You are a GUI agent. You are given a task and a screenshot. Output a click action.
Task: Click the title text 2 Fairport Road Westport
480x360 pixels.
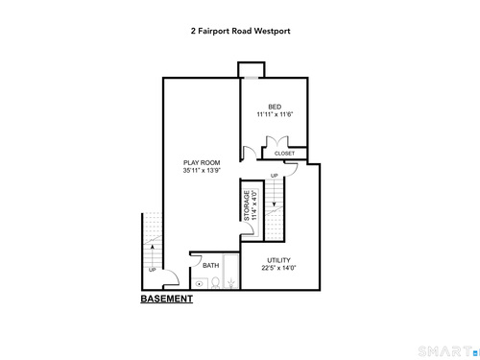tap(241, 31)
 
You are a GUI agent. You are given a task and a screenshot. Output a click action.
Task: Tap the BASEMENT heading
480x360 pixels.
tap(167, 299)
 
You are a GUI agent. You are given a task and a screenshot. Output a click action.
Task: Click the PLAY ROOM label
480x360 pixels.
tap(202, 162)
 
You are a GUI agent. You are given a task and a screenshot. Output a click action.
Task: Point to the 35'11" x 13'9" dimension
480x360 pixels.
tap(202, 170)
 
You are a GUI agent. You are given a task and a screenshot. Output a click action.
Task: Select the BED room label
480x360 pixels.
tap(275, 107)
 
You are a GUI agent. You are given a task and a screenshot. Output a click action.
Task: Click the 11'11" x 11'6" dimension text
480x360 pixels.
tap(275, 114)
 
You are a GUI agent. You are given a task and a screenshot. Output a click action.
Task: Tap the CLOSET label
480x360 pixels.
tap(284, 154)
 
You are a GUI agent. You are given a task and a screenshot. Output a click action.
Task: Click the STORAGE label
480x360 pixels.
tap(247, 205)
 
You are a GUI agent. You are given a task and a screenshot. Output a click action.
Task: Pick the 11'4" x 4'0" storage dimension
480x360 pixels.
tap(254, 205)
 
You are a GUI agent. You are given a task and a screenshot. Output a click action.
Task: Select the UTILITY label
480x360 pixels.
tap(278, 260)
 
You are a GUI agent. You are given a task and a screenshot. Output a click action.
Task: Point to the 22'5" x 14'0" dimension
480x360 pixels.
tap(278, 268)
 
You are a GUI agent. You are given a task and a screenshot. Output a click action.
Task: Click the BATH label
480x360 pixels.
tap(211, 266)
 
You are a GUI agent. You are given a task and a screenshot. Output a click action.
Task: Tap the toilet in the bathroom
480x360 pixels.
tap(215, 283)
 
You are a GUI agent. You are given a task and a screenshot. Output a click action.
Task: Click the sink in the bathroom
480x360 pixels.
tap(200, 283)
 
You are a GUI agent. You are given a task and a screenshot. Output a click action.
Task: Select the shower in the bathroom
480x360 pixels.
tap(230, 272)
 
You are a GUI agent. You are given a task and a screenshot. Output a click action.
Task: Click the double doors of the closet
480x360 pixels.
tap(277, 141)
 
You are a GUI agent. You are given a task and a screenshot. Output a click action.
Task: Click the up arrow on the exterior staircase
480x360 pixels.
tap(153, 255)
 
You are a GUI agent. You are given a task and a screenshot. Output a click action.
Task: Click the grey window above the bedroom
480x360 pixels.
tap(252, 78)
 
